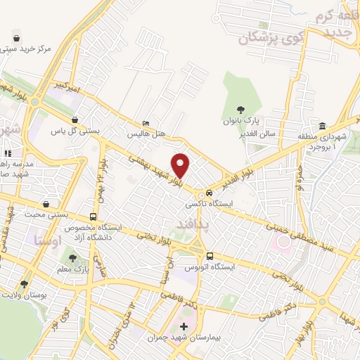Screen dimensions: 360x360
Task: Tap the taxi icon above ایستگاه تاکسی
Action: (202, 194)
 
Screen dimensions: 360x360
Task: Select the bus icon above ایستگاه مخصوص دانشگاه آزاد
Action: (94, 217)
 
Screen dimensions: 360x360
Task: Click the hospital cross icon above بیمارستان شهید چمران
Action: (184, 327)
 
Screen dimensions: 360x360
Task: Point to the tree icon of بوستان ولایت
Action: (25, 284)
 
